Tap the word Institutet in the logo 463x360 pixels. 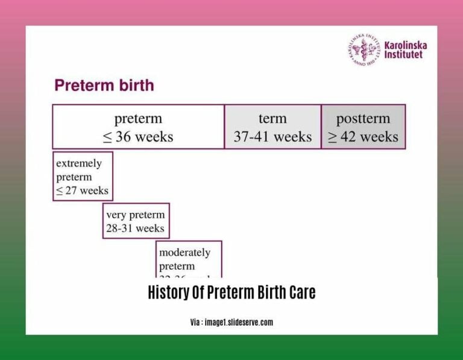pos(403,54)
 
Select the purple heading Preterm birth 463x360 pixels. pos(104,85)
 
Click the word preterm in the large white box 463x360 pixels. pos(138,118)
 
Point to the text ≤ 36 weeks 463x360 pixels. pos(138,137)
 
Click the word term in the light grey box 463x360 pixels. pos(272,118)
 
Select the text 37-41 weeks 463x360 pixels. pos(272,137)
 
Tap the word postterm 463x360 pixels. pos(363,118)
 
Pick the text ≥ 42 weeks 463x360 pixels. pos(363,137)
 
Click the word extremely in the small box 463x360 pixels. pos(79,163)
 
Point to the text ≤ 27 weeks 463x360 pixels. pos(82,191)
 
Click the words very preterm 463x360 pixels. pos(136,215)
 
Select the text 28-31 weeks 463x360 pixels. pos(135,229)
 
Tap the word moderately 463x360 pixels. pos(185,252)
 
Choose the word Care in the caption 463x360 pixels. pos(301,293)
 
